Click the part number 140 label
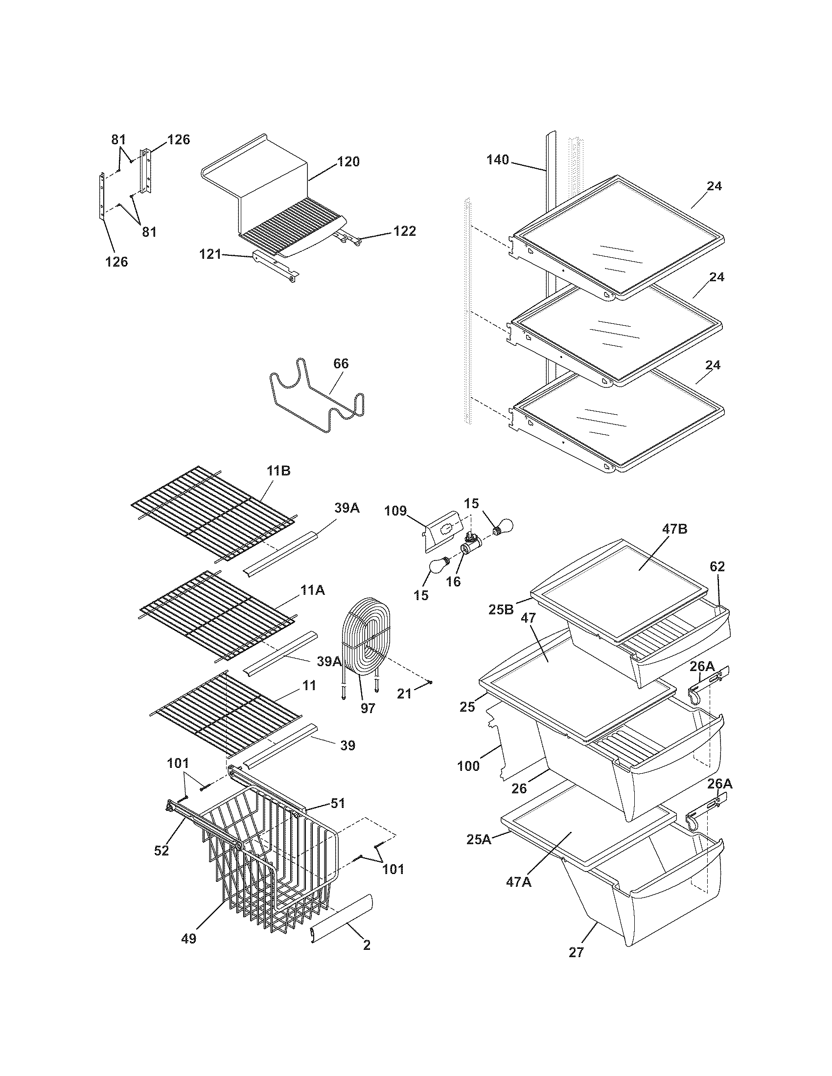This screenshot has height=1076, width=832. [497, 159]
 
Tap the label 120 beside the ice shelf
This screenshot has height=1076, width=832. [348, 161]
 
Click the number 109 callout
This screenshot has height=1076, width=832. [395, 511]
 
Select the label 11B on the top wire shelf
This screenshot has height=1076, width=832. [278, 471]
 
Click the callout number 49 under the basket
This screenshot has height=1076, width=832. [188, 939]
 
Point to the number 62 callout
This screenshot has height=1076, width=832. [717, 566]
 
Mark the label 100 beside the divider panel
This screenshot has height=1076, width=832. [468, 765]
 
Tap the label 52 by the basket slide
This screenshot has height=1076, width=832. [162, 851]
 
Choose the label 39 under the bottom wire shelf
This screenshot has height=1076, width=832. [347, 745]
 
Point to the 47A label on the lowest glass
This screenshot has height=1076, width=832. [518, 882]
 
